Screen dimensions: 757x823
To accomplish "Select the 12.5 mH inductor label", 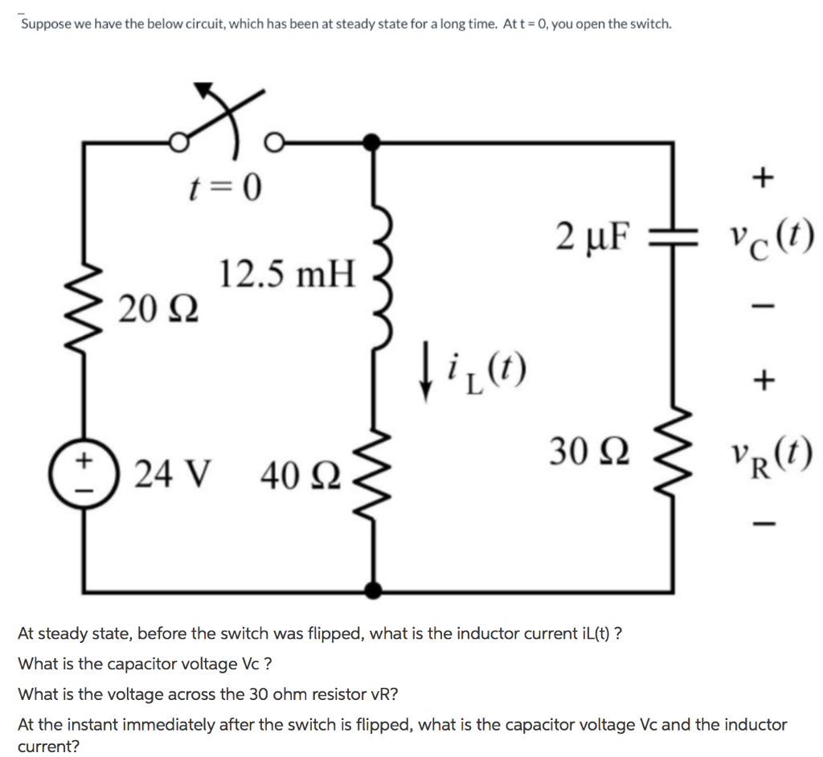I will coord(286,275).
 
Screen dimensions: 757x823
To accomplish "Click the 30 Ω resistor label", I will coord(590,451).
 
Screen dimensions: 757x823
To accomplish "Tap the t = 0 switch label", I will coord(227,190).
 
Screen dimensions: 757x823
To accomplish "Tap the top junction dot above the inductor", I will coord(371,142).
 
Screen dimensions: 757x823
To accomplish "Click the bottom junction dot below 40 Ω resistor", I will coord(371,590).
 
